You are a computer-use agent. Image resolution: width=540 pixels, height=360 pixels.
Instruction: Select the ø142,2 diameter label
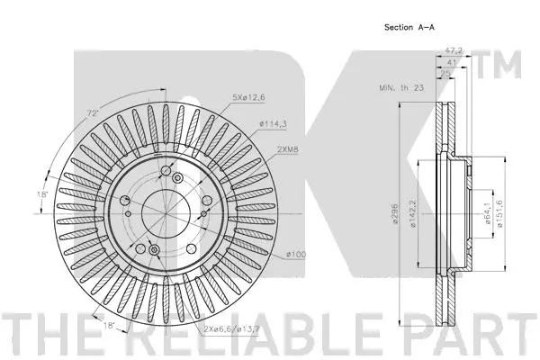click(413, 214)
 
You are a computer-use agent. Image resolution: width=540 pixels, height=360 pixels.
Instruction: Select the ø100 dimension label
click(297, 255)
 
